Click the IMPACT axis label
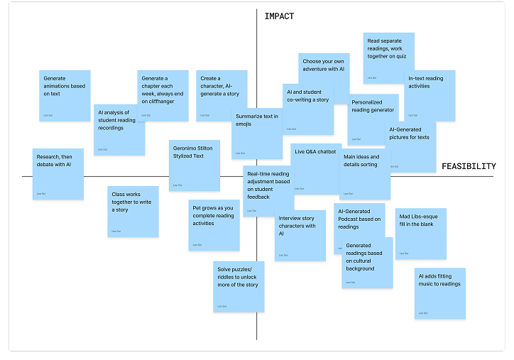click(279, 16)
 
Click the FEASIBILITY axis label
click(469, 166)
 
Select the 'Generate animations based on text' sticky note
click(65, 95)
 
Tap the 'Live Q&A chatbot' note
click(315, 168)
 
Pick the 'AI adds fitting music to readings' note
click(439, 293)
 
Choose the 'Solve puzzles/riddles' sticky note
click(239, 286)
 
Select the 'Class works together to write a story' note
click(133, 211)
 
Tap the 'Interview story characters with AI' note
click(300, 235)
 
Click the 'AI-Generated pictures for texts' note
click(411, 146)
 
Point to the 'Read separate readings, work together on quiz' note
click(389, 58)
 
